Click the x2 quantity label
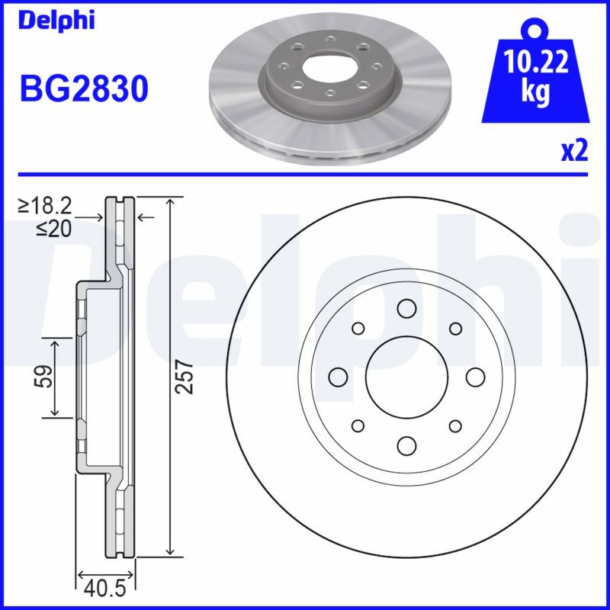(x=574, y=152)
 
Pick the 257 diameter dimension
(x=185, y=377)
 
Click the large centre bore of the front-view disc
(x=406, y=377)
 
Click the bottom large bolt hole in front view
(x=406, y=445)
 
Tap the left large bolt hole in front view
(x=337, y=377)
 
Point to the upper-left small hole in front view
(x=357, y=328)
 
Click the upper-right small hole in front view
(x=455, y=328)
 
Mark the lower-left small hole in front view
(x=357, y=425)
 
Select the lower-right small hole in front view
(x=455, y=425)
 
